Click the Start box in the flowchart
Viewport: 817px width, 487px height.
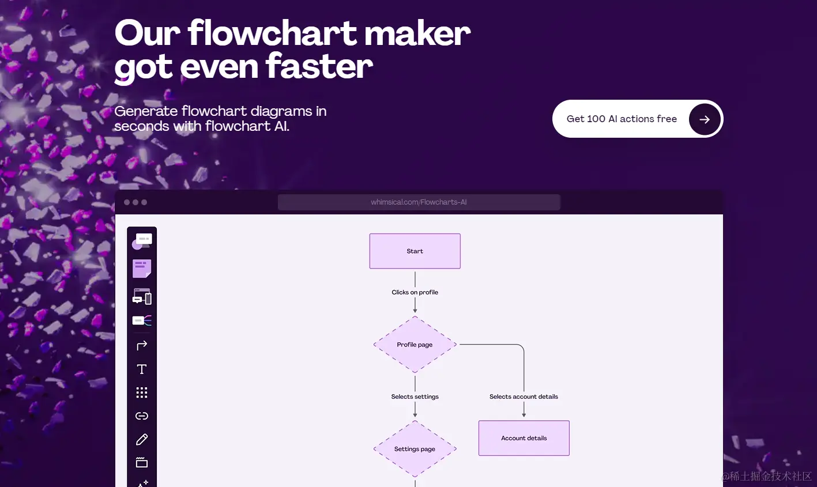click(x=415, y=251)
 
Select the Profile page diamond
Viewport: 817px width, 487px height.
click(x=415, y=345)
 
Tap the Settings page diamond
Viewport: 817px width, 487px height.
click(x=415, y=449)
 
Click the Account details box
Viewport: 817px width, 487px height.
click(x=524, y=438)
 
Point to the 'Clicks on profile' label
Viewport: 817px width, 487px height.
click(x=415, y=292)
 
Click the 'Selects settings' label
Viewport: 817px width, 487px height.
click(x=415, y=397)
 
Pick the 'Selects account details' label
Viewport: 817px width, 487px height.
click(x=524, y=397)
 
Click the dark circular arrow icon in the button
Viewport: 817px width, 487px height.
click(x=705, y=119)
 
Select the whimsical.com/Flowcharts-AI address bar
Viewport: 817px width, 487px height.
click(x=419, y=202)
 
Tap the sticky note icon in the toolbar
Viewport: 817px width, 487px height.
click(x=142, y=269)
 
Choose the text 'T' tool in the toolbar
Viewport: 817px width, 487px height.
click(x=142, y=369)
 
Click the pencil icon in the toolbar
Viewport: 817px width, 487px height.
click(x=142, y=440)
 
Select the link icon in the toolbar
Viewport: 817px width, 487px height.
click(x=142, y=416)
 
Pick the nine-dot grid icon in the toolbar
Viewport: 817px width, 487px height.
click(x=142, y=392)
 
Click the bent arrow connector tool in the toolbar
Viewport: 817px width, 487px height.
click(x=142, y=345)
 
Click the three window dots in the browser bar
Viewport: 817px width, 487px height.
click(x=135, y=202)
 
